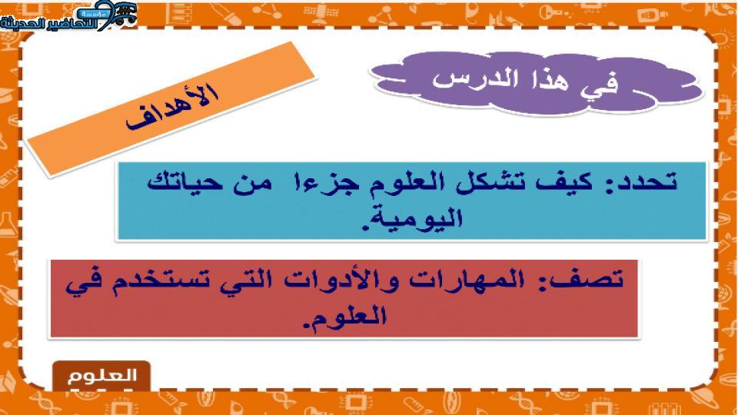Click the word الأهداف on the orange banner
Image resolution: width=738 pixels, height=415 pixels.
(172, 108)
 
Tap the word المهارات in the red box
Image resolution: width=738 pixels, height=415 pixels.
(465, 280)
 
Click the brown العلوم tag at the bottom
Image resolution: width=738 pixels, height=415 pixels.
(101, 376)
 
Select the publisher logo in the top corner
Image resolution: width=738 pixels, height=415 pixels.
(68, 16)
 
